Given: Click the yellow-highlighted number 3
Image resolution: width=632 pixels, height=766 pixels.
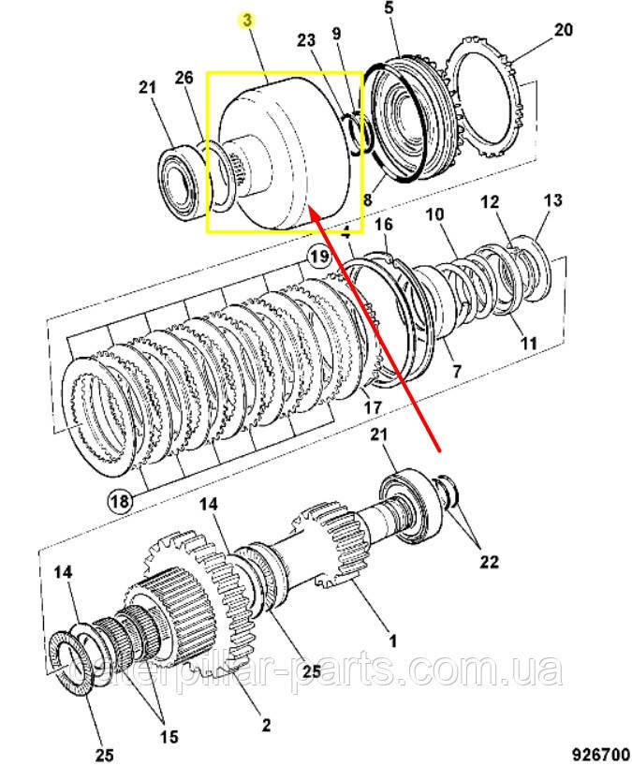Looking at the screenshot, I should [248, 19].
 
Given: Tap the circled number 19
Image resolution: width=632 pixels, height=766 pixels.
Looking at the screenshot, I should [318, 255].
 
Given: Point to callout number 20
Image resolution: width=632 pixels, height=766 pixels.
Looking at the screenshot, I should [562, 30].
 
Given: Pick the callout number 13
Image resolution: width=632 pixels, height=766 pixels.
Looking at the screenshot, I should [552, 199].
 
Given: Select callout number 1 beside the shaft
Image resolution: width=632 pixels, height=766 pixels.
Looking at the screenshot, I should [393, 641].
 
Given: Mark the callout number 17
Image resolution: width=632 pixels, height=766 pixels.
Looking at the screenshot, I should [373, 406].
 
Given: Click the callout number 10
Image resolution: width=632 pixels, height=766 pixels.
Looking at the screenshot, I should [434, 214].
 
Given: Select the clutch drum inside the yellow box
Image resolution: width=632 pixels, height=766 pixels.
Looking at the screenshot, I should [281, 155].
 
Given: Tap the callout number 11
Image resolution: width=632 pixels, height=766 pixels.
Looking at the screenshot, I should [529, 343].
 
